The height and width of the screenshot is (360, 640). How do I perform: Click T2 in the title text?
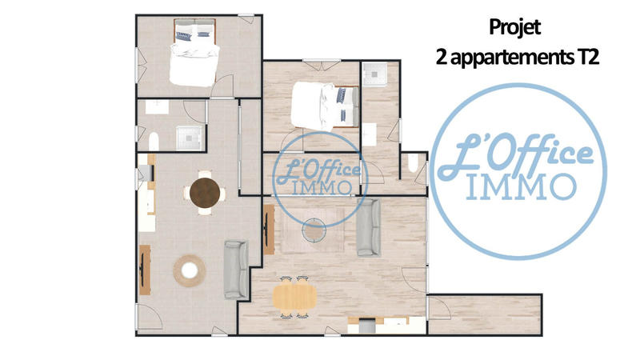pyautogui.click(x=587, y=57)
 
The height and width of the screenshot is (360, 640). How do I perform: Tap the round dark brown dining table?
pyautogui.click(x=206, y=193)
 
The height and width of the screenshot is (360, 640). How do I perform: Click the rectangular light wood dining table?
pyautogui.click(x=294, y=297)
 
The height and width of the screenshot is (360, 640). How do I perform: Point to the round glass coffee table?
pyautogui.click(x=314, y=231)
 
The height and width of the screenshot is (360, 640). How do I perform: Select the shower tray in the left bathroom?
pyautogui.click(x=190, y=137)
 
